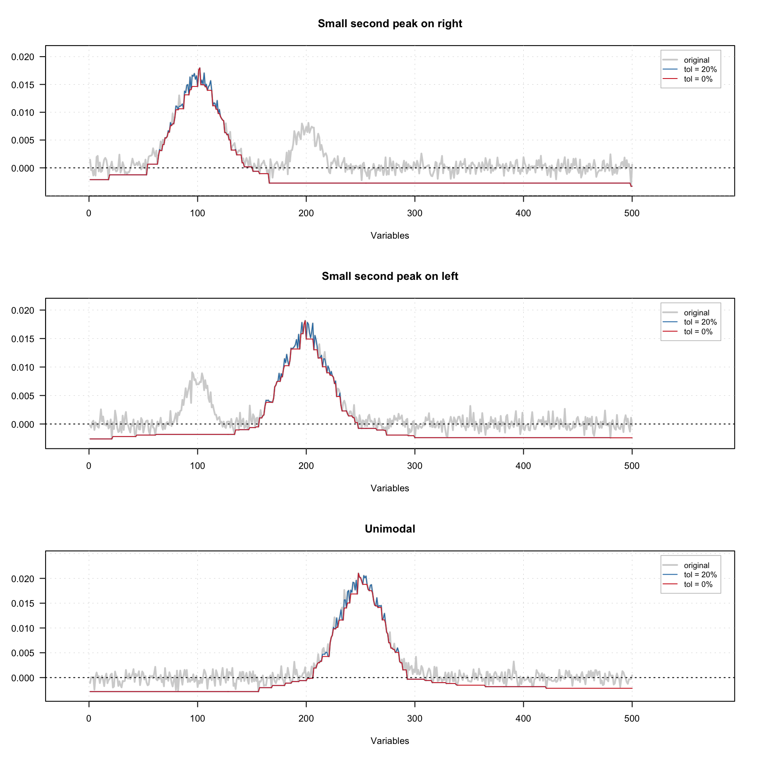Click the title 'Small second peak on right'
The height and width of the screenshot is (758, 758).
(x=390, y=24)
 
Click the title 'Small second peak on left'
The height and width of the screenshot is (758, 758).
(x=390, y=276)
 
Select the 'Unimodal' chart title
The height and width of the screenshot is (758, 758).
(x=390, y=529)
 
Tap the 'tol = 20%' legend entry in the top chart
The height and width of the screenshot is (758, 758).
(x=700, y=69)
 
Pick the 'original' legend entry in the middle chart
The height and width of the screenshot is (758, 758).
(x=696, y=313)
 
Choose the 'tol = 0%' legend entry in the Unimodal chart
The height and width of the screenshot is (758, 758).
(x=698, y=584)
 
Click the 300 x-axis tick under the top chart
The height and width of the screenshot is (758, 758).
(x=415, y=214)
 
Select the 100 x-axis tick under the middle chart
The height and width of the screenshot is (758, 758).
(x=197, y=466)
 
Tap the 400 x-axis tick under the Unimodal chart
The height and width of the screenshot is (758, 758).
(x=523, y=719)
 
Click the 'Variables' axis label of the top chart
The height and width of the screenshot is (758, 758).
(x=390, y=236)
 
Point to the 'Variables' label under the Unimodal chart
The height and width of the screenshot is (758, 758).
(x=390, y=741)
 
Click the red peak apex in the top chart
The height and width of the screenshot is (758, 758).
(x=200, y=68)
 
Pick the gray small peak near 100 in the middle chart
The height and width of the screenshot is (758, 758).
(x=192, y=373)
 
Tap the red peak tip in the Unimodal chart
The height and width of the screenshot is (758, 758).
(x=358, y=574)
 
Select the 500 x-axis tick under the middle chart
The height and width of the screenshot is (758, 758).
(x=632, y=466)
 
